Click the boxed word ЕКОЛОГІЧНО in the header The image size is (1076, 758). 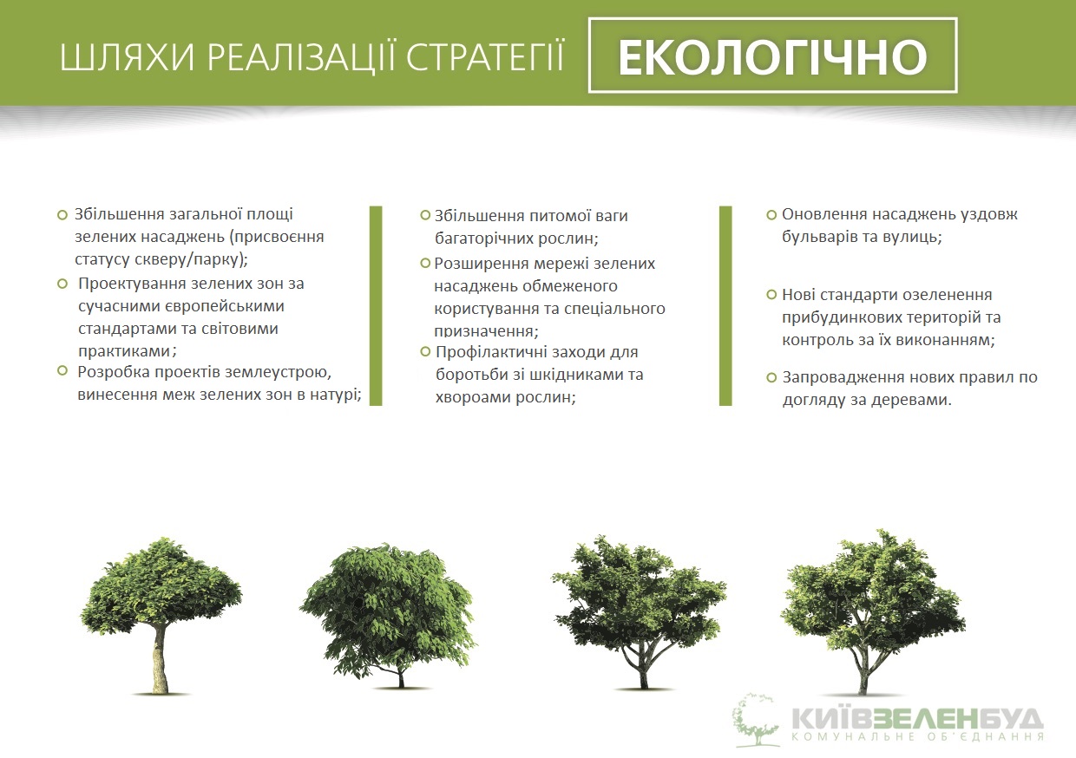point(772,56)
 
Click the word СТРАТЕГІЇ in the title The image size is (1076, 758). point(485,57)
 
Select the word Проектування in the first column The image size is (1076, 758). point(132,284)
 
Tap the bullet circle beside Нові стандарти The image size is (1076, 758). point(771,294)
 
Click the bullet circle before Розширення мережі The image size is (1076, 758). point(425,263)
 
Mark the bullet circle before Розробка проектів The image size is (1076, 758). point(62,370)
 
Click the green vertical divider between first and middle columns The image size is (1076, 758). point(376,306)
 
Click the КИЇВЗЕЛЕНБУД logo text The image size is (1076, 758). point(916,720)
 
